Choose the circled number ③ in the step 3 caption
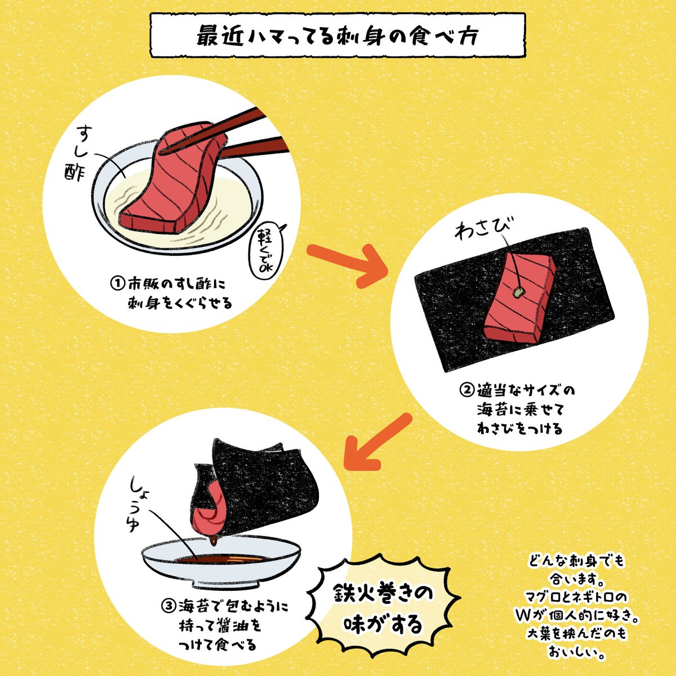[169, 607]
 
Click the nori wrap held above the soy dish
[259, 484]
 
